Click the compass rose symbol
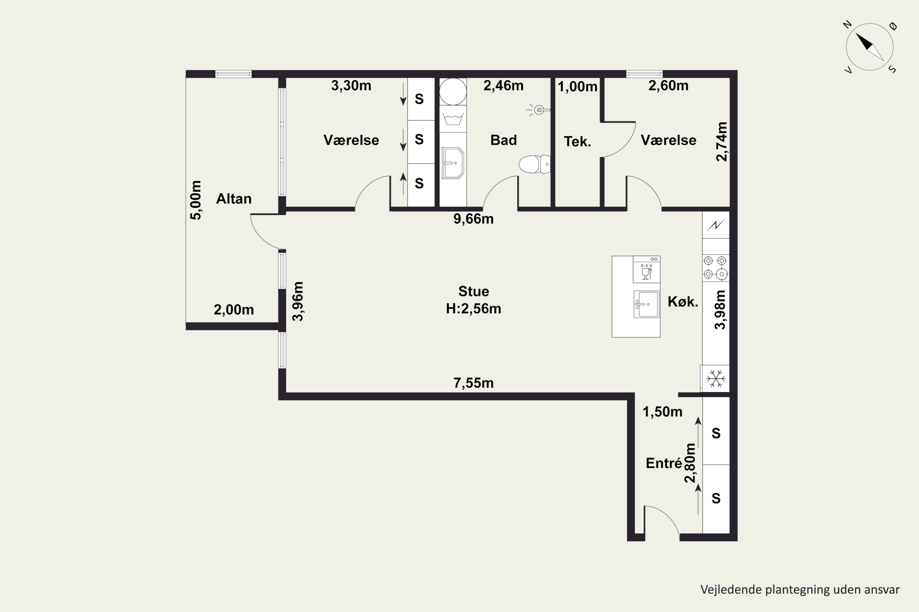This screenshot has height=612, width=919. [869, 47]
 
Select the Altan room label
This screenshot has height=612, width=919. [234, 199]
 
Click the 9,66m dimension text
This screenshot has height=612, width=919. [473, 219]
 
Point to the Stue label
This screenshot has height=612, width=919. [474, 291]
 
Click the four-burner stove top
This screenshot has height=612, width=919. [715, 267]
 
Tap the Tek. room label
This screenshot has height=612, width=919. [577, 141]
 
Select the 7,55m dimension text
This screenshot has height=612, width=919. [473, 383]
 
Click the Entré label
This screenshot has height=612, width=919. [664, 463]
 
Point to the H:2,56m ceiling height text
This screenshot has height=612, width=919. [474, 308]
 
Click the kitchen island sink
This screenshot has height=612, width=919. [646, 304]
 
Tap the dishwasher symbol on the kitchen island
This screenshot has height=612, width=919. [646, 270]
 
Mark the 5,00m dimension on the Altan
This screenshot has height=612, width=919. [196, 200]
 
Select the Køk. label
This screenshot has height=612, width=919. [683, 301]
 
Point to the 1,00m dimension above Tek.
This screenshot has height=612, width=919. [577, 87]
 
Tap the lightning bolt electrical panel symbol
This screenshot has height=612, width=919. [716, 225]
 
